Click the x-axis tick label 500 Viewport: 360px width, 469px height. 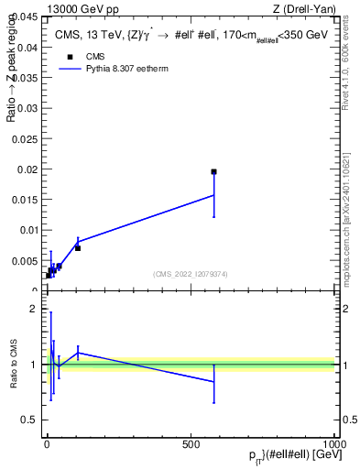click(x=191, y=443)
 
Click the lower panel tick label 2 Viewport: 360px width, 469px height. click(x=32, y=309)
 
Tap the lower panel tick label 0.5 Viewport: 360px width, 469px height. click(x=28, y=420)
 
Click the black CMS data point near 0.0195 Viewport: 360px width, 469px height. click(x=213, y=172)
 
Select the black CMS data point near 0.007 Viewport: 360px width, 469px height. click(x=78, y=248)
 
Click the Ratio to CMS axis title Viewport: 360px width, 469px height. click(x=15, y=365)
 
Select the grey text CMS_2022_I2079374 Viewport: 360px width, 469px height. click(x=191, y=275)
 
